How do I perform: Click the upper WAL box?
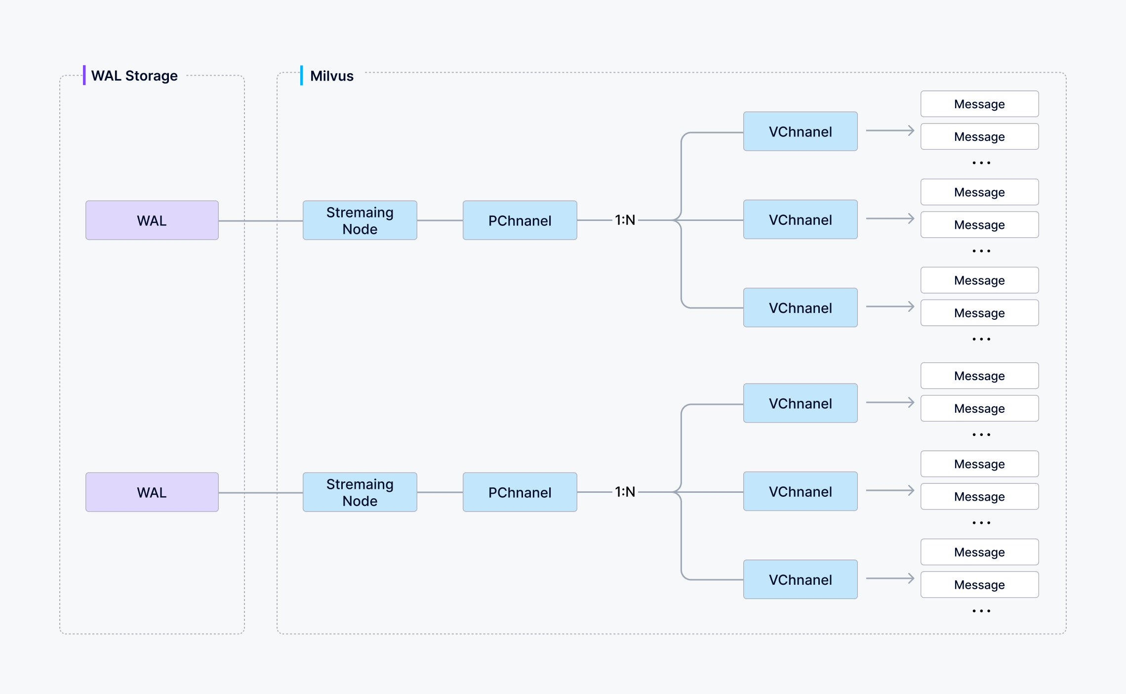tap(152, 220)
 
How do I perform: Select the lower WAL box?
tap(152, 492)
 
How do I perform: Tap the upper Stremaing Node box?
tap(360, 220)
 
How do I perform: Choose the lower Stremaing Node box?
tap(360, 492)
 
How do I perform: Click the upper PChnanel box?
tap(520, 220)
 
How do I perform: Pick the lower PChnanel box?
tap(520, 492)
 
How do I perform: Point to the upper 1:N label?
tap(625, 220)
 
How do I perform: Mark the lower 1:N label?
tap(625, 492)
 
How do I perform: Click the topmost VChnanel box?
tap(800, 131)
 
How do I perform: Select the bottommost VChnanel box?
tap(800, 579)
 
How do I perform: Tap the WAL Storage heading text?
tap(134, 76)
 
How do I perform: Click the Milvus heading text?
tap(331, 76)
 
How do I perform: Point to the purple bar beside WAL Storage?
tap(84, 75)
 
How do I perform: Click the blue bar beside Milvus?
tap(301, 75)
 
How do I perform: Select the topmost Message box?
tap(979, 104)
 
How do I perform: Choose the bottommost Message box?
tap(979, 585)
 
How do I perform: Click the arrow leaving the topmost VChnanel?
tap(890, 130)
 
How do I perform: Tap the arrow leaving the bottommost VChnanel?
tap(890, 578)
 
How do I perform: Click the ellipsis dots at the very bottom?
tap(981, 611)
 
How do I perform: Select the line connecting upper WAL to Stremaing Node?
tap(260, 221)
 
